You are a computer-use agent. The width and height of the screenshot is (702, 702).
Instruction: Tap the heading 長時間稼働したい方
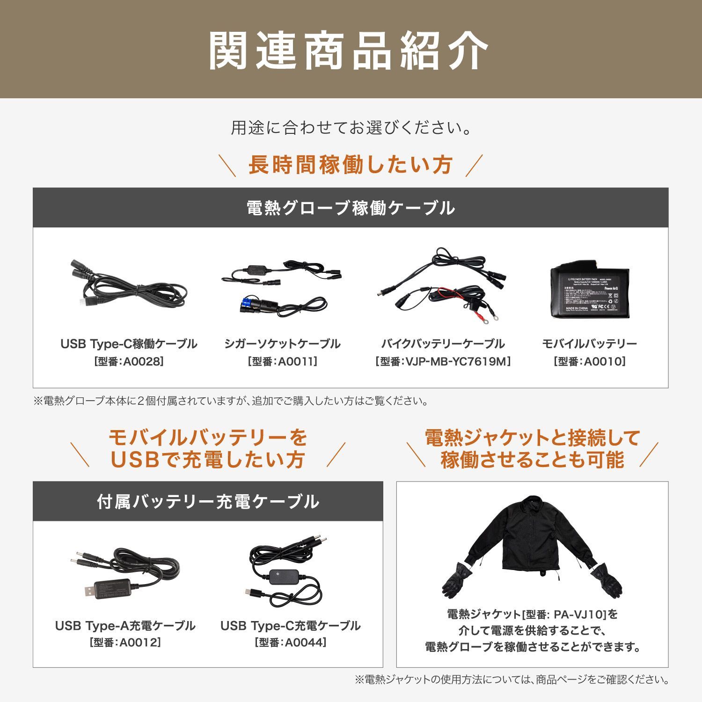coord(350,165)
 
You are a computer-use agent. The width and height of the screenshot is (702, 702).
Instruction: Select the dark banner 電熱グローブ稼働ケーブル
coord(350,208)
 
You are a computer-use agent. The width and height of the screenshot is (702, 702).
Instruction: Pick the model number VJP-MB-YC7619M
coord(443,361)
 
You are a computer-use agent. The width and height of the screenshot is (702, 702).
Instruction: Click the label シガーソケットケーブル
coord(282,344)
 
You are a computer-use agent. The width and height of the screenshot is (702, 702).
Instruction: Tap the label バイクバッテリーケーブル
coord(443,344)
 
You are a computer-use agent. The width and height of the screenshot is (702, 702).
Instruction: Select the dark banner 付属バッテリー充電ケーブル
coord(208,502)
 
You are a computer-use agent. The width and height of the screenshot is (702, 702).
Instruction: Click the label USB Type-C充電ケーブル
coord(290,626)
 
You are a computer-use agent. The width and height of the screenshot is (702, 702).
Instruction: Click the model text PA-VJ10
coord(571,614)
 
